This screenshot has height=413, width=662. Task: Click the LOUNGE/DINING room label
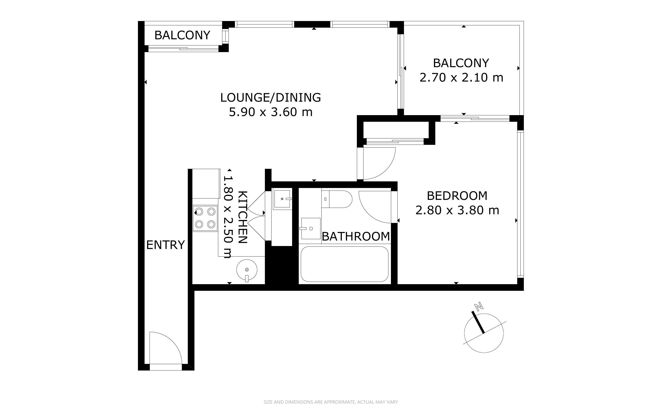(270, 98)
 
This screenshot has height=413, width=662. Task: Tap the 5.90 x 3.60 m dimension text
(270, 112)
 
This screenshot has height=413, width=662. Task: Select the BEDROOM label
(457, 196)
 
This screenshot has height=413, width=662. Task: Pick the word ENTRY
(165, 245)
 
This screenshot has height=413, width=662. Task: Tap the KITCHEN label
(243, 217)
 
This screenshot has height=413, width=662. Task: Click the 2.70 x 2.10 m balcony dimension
(461, 78)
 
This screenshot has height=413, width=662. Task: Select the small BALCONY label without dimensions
(182, 35)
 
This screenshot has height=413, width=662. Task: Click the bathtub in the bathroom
(344, 264)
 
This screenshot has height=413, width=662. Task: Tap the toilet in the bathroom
(337, 199)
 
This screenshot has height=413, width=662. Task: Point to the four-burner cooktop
(205, 218)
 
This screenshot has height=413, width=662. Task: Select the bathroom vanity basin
(310, 228)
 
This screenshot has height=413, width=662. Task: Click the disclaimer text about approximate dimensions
(331, 402)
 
